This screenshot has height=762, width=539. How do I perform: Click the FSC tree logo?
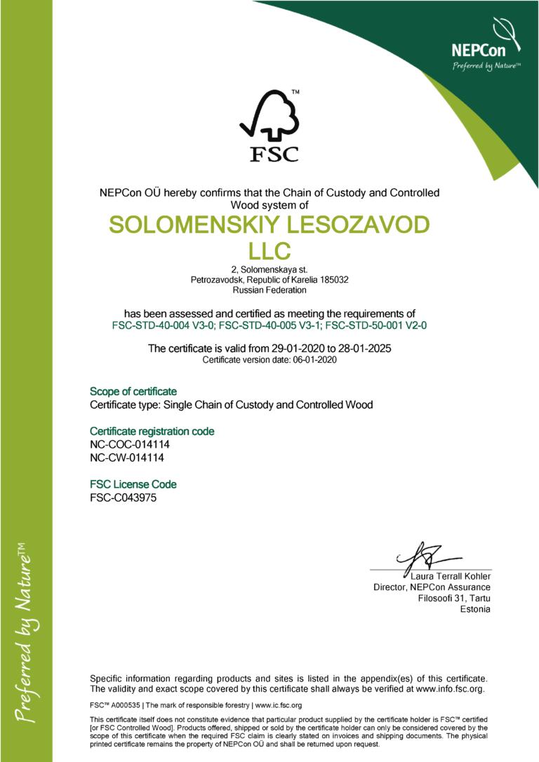tap(269, 126)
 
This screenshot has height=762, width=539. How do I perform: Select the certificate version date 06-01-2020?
tap(312, 360)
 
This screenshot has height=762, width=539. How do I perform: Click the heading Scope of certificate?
tap(133, 391)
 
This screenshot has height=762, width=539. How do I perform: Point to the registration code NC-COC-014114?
tap(131, 445)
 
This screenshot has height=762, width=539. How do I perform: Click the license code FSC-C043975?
tap(124, 498)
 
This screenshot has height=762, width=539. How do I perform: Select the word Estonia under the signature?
tap(475, 609)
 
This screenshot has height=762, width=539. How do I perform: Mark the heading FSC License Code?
tap(133, 484)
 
